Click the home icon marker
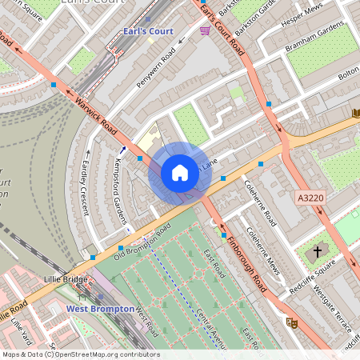coord(180,172)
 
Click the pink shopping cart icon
coord(206,30)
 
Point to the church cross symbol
coord(317,252)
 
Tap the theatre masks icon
coord(292,322)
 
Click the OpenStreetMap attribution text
coord(80,354)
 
